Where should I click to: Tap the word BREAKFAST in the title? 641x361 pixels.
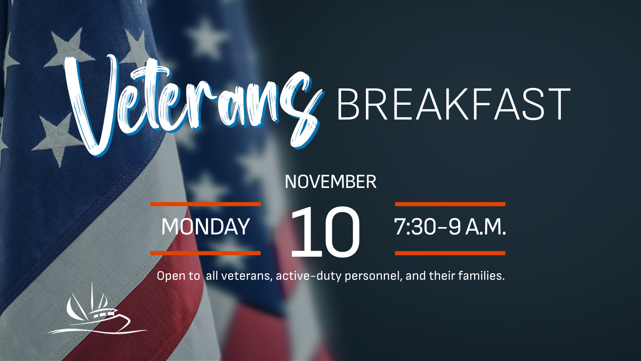click(x=454, y=104)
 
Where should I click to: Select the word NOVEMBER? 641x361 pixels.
click(x=331, y=182)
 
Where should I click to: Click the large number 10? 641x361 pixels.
click(x=325, y=231)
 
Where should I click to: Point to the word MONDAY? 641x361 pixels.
click(x=206, y=227)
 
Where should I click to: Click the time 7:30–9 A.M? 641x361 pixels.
click(x=450, y=227)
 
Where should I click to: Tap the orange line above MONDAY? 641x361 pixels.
click(x=206, y=204)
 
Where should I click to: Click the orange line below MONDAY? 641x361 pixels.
click(x=206, y=253)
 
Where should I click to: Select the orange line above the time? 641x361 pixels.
click(x=450, y=204)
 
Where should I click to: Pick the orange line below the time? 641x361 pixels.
click(x=450, y=253)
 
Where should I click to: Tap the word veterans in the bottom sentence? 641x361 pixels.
click(x=246, y=276)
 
